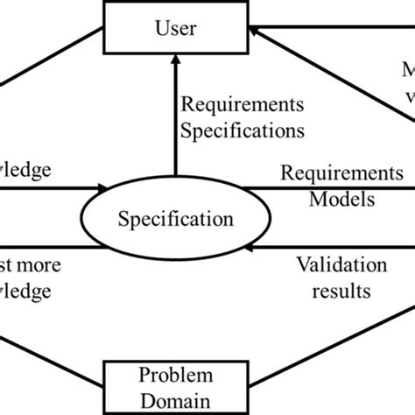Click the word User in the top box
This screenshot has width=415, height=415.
[x=176, y=28]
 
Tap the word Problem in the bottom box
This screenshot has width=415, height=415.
[x=175, y=376]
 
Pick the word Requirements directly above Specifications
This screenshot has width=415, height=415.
[x=243, y=106]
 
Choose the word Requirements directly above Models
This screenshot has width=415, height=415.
[x=342, y=172]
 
